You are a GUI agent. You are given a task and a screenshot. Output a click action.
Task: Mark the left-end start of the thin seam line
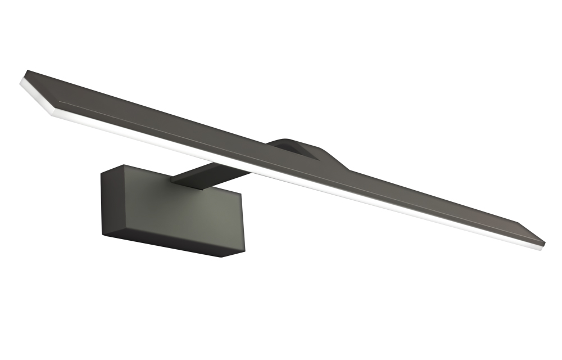[59, 102]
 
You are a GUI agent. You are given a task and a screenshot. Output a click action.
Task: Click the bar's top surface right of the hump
[438, 197]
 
